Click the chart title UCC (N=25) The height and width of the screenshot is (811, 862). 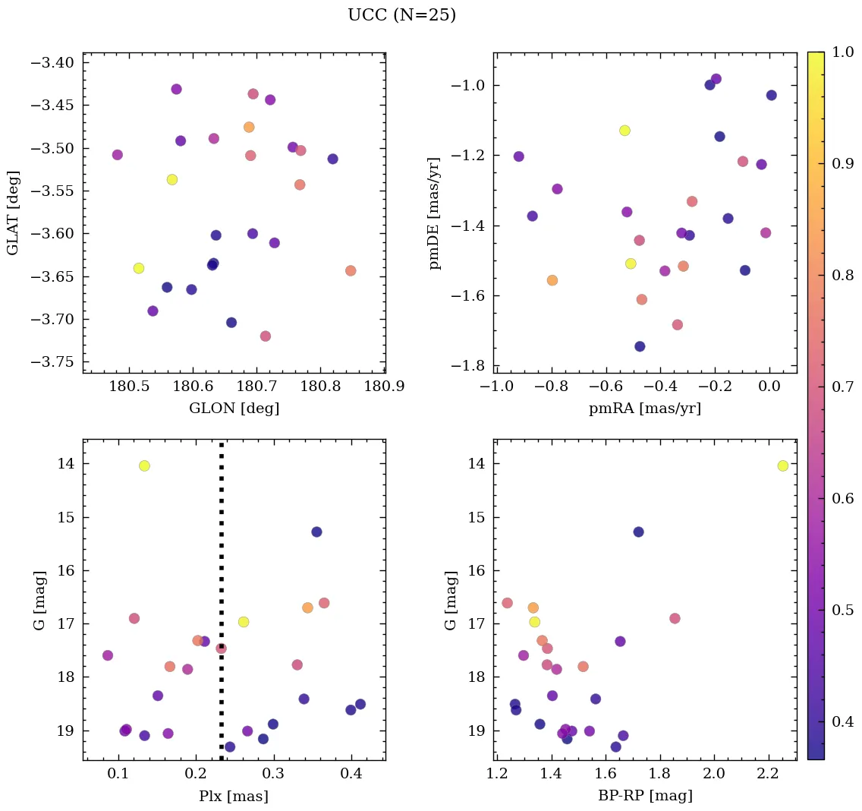[401, 15]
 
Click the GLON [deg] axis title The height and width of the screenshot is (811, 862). [234, 409]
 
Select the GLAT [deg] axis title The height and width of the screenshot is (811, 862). [13, 213]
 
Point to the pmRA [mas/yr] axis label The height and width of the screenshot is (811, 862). [644, 409]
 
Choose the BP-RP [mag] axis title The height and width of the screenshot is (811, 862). [644, 797]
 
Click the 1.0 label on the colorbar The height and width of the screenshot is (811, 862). [844, 52]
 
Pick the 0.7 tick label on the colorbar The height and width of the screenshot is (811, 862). [844, 387]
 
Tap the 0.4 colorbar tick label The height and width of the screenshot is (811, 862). [844, 721]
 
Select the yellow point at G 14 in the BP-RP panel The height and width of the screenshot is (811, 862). [782, 465]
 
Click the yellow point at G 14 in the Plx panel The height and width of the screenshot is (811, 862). [144, 465]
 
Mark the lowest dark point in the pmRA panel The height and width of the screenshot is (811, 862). [640, 346]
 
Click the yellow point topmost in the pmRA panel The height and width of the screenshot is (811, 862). [624, 131]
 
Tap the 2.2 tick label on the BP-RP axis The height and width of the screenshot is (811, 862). [769, 775]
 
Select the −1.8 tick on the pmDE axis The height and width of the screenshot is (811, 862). [469, 367]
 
